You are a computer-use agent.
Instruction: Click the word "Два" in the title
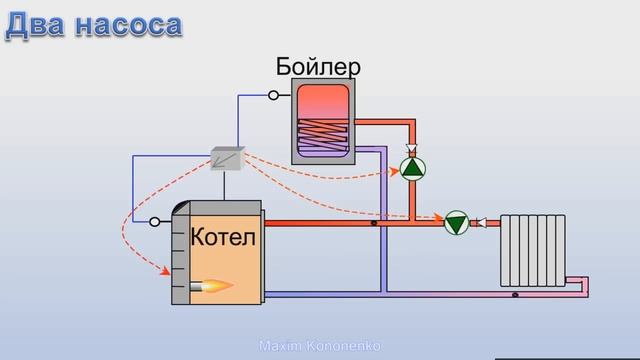click(x=36, y=24)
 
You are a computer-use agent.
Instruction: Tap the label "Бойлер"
click(x=318, y=67)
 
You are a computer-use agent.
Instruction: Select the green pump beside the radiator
click(x=456, y=223)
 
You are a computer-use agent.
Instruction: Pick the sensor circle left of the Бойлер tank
click(x=273, y=96)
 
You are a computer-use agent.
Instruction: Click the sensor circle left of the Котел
click(x=154, y=222)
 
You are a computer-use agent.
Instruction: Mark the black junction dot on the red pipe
click(x=374, y=223)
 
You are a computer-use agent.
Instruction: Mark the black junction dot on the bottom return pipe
click(x=515, y=295)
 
